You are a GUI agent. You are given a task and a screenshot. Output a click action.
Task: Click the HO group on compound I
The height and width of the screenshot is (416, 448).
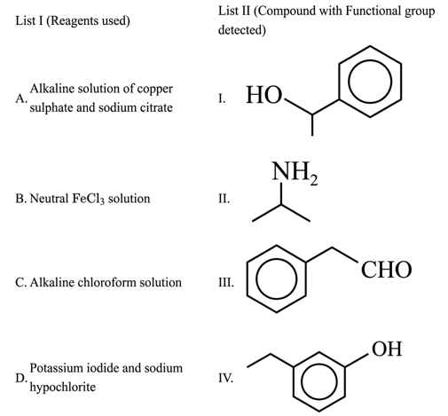click(263, 95)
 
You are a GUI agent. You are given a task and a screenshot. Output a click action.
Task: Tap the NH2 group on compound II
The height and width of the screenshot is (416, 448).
click(295, 173)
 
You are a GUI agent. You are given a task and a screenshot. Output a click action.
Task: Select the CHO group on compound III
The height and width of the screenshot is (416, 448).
click(386, 270)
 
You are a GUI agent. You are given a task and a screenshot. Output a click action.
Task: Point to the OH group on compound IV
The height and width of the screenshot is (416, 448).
click(387, 349)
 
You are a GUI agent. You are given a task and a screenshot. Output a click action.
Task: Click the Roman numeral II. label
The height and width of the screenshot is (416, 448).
click(224, 199)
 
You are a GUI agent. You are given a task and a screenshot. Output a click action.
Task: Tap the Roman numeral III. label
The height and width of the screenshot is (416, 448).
click(226, 282)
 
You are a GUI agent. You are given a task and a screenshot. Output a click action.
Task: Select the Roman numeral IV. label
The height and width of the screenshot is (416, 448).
click(226, 378)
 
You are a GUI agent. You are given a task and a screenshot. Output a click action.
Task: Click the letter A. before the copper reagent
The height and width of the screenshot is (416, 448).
click(21, 98)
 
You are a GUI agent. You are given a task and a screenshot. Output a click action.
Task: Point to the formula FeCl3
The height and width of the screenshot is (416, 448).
click(89, 199)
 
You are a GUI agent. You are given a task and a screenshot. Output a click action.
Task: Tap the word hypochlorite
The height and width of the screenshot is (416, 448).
click(63, 388)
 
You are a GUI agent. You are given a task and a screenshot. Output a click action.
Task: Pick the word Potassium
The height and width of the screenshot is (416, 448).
click(57, 368)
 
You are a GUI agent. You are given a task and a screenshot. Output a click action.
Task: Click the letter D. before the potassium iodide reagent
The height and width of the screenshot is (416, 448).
click(21, 378)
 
